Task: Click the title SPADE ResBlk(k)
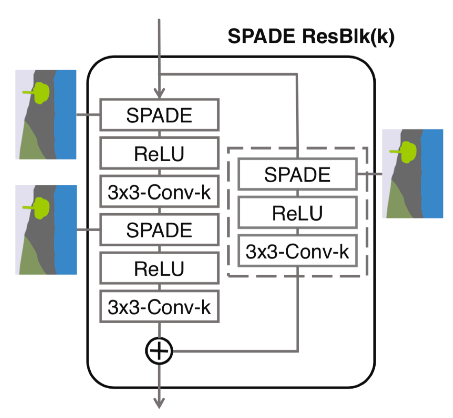tap(311, 37)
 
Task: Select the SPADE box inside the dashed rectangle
tap(297, 174)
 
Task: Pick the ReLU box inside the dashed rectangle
tap(297, 212)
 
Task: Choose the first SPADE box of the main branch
tap(159, 116)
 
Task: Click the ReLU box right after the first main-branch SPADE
tap(159, 153)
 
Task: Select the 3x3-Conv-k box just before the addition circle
tap(159, 306)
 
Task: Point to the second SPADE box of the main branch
tap(159, 230)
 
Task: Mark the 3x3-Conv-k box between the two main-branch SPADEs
tap(159, 192)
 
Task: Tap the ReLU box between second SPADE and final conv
tap(159, 268)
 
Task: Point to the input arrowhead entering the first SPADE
tap(159, 93)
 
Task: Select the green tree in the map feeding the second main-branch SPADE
tap(41, 207)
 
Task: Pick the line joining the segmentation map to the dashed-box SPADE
tap(370, 174)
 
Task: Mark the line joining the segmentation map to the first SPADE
tap(88, 116)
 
